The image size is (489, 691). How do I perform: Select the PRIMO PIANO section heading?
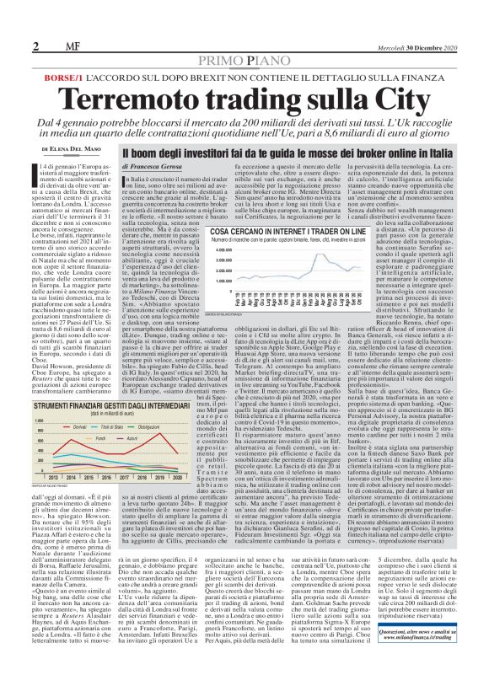click(x=244, y=39)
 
